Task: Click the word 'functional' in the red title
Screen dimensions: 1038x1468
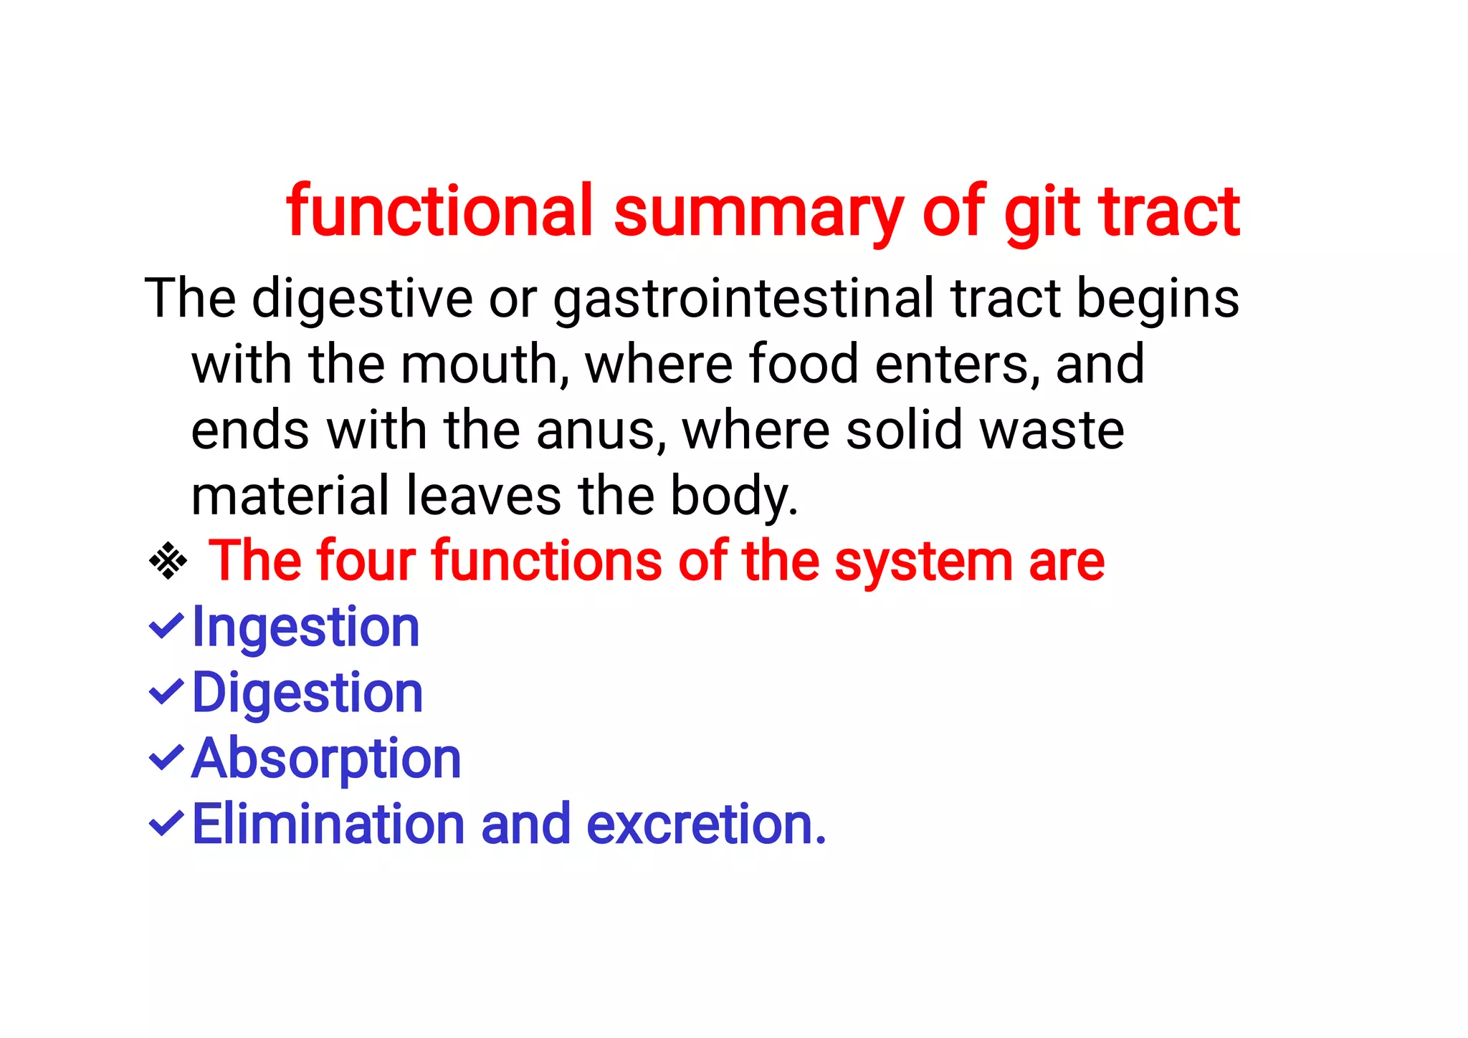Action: (439, 211)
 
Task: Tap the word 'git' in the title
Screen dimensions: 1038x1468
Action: (1042, 213)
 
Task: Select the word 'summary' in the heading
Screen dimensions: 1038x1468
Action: (758, 213)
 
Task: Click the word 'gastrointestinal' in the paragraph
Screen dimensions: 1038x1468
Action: (743, 298)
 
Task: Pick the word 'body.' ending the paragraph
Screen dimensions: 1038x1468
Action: (734, 496)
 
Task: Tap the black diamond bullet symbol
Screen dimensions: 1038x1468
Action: (168, 561)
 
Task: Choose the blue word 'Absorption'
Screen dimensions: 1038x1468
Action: (327, 759)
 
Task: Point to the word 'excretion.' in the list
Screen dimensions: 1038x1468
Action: (706, 825)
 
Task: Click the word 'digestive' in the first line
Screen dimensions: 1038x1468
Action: (362, 298)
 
